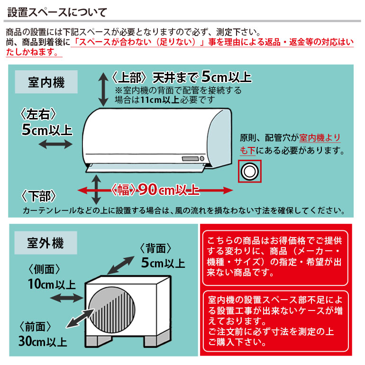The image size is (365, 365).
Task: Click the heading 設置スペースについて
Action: point(57,11)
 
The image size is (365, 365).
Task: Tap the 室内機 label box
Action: point(46,82)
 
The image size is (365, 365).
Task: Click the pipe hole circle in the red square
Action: point(249,171)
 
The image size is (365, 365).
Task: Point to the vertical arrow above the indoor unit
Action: point(103,89)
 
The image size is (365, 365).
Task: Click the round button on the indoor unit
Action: point(202,158)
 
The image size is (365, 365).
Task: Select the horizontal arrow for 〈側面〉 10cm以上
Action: point(67,297)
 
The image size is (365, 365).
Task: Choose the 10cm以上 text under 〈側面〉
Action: point(51,284)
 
